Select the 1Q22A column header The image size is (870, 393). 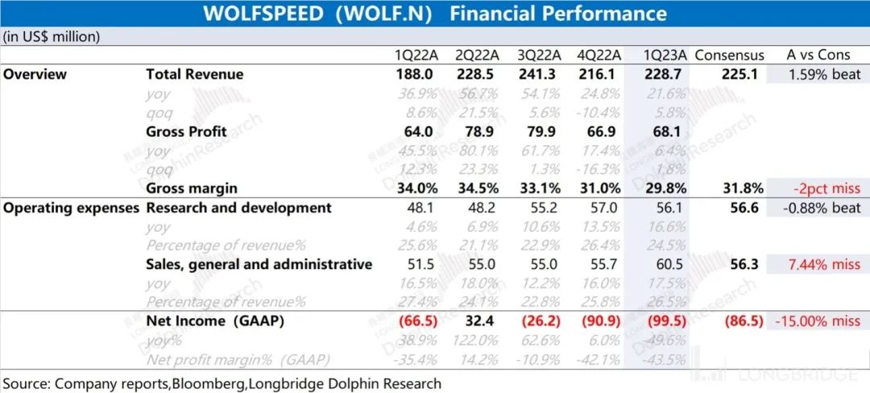click(414, 56)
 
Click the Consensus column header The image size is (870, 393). click(729, 56)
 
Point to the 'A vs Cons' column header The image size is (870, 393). click(817, 56)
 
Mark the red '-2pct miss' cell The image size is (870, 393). click(825, 188)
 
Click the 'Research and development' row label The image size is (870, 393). click(238, 208)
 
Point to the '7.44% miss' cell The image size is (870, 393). click(822, 264)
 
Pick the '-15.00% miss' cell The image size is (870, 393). click(817, 321)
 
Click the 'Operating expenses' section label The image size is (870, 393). click(70, 208)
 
